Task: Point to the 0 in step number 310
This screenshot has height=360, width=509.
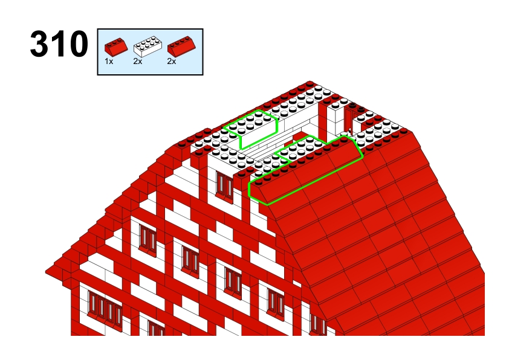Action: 78,43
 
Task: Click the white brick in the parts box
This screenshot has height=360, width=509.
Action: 148,47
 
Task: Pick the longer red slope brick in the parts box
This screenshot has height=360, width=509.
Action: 181,46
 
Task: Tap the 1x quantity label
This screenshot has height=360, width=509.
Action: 109,61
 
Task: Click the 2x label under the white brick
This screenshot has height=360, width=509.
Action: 138,61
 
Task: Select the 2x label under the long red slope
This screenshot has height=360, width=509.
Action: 172,61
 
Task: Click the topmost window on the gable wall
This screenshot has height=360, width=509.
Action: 224,185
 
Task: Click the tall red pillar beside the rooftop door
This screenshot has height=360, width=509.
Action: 322,120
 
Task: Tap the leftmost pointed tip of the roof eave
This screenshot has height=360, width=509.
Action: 46,271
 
